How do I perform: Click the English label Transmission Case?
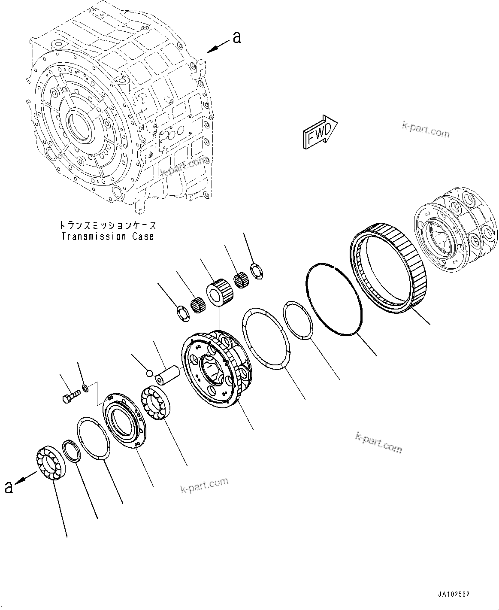(107, 237)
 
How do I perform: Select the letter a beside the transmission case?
(236, 38)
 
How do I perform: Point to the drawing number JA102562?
(454, 595)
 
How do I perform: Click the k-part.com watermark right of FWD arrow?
(425, 129)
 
